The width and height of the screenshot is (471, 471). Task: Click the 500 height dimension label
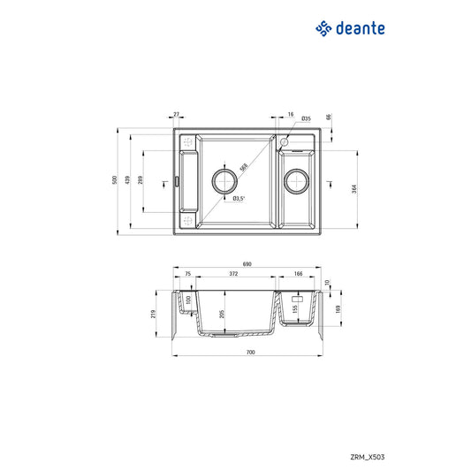(115, 181)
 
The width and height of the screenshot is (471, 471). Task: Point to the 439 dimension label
(130, 181)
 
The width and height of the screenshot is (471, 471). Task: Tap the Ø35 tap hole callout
(305, 118)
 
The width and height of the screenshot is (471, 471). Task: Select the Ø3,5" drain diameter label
(238, 199)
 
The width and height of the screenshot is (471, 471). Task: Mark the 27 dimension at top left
(177, 114)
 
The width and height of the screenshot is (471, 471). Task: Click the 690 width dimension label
(247, 263)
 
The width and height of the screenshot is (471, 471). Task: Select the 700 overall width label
(249, 353)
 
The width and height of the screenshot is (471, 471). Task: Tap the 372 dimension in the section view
(233, 275)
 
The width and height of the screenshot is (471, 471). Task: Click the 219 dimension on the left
(154, 314)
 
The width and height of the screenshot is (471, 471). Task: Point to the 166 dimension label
(299, 275)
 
